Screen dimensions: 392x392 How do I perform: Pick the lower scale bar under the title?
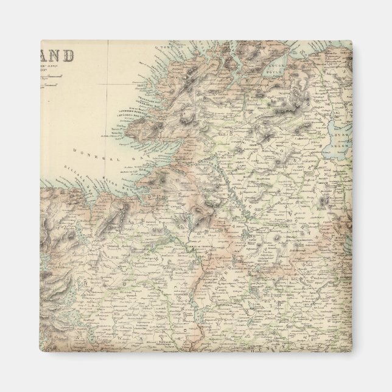coord(58,86)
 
